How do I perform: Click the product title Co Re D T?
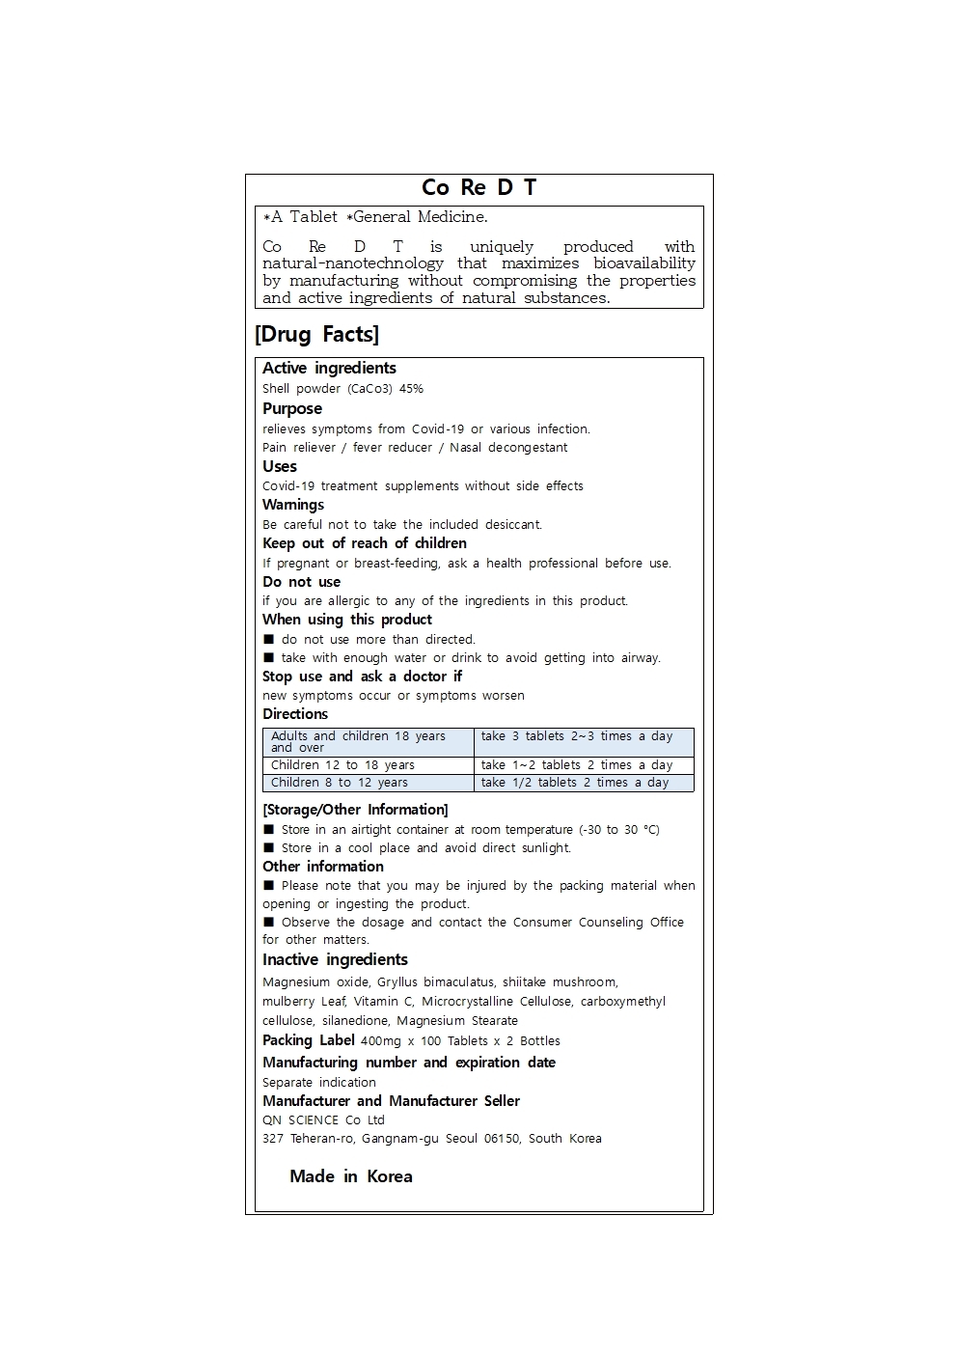(x=478, y=187)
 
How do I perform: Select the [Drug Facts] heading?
(x=316, y=334)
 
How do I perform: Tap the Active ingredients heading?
(x=329, y=368)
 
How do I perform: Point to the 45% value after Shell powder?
(x=411, y=389)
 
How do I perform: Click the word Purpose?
(x=292, y=408)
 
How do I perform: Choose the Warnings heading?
(x=293, y=505)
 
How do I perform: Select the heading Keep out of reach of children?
(x=365, y=543)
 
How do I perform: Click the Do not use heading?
(x=301, y=582)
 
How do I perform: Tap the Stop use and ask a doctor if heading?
(x=362, y=677)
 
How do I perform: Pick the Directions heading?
(x=295, y=714)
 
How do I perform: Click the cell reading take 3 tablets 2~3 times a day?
(x=577, y=736)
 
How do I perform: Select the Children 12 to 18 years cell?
(x=342, y=765)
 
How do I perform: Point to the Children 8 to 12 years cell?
(x=339, y=783)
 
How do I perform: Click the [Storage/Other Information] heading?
(x=355, y=810)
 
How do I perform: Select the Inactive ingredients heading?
(x=335, y=959)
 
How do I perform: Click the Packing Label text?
(x=309, y=1040)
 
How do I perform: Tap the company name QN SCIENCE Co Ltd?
(x=323, y=1120)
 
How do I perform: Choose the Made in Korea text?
(x=351, y=1176)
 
